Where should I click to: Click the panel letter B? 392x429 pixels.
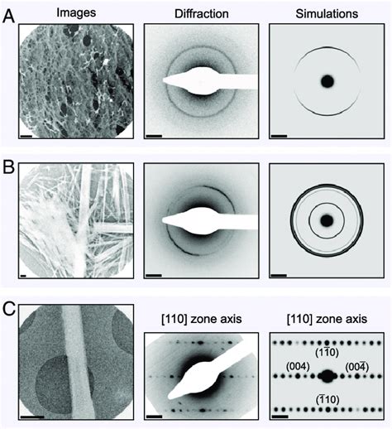pyautogui.click(x=8, y=167)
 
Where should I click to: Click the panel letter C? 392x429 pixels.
pyautogui.click(x=9, y=309)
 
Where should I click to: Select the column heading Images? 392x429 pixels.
pyautogui.click(x=76, y=12)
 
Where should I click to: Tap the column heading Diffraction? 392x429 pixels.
pyautogui.click(x=202, y=14)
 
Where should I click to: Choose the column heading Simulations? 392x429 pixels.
pyautogui.click(x=327, y=14)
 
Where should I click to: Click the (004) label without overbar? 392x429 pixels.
pyautogui.click(x=298, y=367)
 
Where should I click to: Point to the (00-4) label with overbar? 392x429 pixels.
pyautogui.click(x=357, y=367)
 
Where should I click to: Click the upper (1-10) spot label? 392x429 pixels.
pyautogui.click(x=327, y=352)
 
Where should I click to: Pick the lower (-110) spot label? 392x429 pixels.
pyautogui.click(x=327, y=399)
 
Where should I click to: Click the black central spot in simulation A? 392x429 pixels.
pyautogui.click(x=327, y=81)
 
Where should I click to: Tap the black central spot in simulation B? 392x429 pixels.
pyautogui.click(x=327, y=220)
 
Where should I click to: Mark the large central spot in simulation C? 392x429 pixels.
pyautogui.click(x=327, y=376)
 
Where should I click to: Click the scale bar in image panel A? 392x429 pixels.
pyautogui.click(x=26, y=136)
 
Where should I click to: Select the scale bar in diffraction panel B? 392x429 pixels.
pyautogui.click(x=154, y=275)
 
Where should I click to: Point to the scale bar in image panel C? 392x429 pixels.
pyautogui.click(x=32, y=416)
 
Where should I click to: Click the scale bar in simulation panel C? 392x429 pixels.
pyautogui.click(x=280, y=416)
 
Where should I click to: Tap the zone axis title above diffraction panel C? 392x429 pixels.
pyautogui.click(x=202, y=319)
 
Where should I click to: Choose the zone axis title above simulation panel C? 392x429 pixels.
pyautogui.click(x=327, y=319)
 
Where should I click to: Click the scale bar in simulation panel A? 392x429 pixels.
pyautogui.click(x=279, y=136)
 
